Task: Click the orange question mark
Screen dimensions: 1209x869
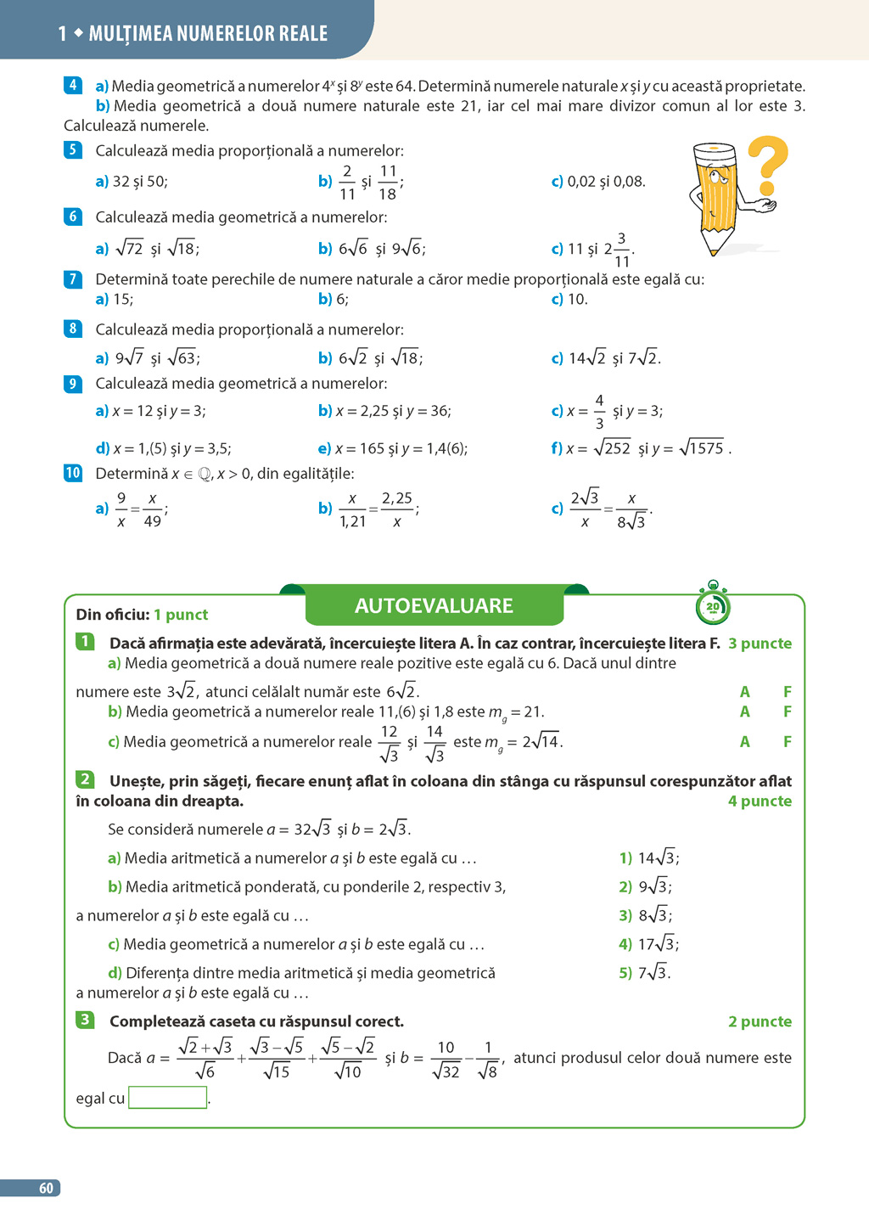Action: (767, 164)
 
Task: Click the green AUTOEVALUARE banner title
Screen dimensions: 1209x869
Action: (434, 605)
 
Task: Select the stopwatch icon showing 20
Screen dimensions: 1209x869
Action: (713, 605)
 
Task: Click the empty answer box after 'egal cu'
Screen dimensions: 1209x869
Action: (168, 1098)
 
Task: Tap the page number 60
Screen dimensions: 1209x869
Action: (46, 1189)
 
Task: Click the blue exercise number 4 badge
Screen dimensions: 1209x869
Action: (73, 85)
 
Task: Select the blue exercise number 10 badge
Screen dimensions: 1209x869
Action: (73, 473)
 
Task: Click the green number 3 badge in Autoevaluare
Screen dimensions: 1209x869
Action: (85, 1020)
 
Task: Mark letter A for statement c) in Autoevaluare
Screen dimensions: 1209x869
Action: (744, 741)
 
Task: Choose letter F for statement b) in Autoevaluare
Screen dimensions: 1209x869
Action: (787, 711)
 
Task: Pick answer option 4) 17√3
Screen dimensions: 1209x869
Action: (648, 944)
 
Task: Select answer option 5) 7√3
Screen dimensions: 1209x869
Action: (644, 973)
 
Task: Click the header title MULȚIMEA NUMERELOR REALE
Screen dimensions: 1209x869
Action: (208, 34)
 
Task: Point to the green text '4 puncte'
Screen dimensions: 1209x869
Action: (760, 801)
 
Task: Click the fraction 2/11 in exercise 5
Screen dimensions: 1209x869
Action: (347, 183)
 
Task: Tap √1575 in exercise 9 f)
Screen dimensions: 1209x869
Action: (704, 448)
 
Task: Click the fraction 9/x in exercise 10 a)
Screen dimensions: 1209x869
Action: (121, 509)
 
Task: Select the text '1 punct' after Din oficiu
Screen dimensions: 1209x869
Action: (181, 615)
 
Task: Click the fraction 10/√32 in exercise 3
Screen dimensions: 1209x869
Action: (446, 1060)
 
